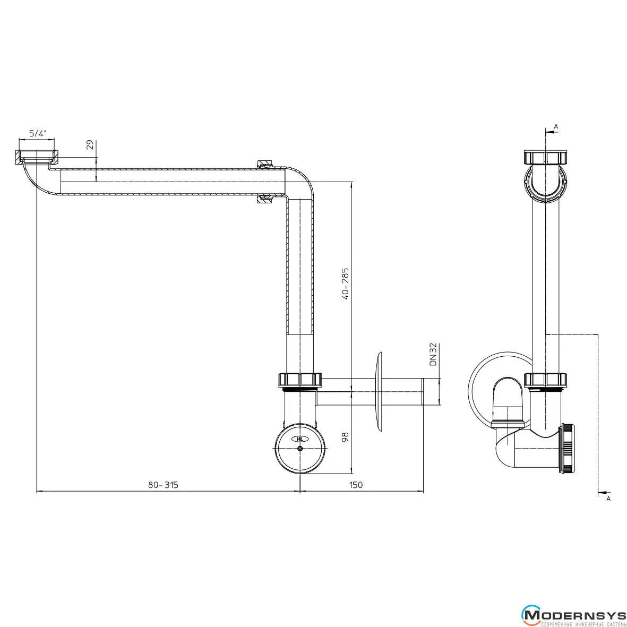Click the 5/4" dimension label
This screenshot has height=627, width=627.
38,134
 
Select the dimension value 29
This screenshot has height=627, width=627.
90,144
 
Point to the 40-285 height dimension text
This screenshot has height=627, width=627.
346,284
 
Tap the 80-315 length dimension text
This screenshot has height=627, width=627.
163,485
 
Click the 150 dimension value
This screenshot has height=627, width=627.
356,485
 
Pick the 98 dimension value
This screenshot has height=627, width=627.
346,436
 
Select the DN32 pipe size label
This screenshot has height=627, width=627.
433,355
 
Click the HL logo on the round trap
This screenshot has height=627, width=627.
300,439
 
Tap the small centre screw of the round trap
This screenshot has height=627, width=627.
300,449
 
